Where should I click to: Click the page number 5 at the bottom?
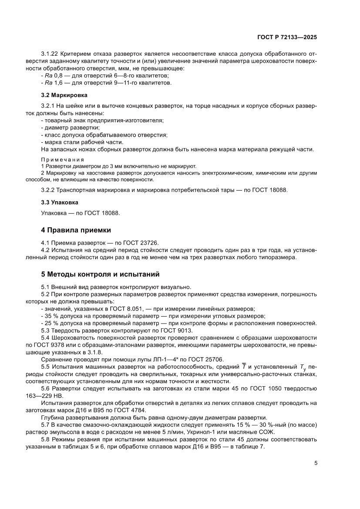coord(316,463)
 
